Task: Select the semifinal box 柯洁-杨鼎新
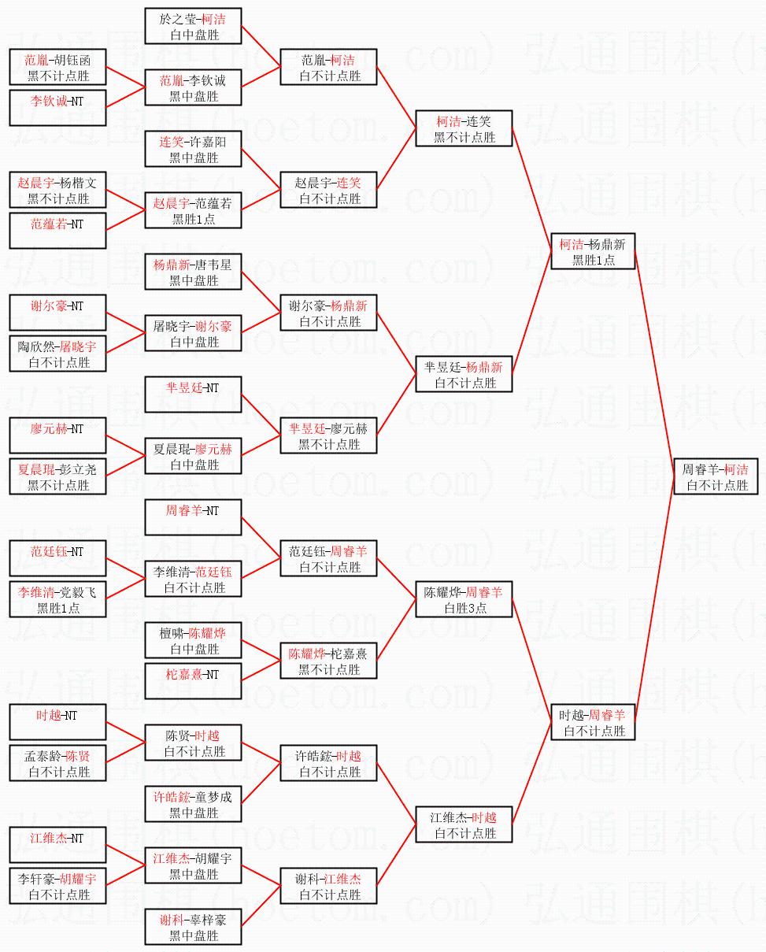pos(593,251)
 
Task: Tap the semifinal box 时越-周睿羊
pos(593,722)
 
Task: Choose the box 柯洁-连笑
pos(464,128)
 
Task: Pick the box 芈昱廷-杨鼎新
pos(464,374)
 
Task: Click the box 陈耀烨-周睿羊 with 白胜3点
pos(464,599)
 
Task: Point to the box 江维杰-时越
pos(464,824)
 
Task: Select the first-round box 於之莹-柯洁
pos(193,26)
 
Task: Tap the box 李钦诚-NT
pos(58,108)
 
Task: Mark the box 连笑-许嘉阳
pos(193,149)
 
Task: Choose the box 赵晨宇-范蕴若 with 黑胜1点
pos(193,210)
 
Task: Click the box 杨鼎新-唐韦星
pos(193,272)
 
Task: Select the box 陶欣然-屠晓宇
pos(58,354)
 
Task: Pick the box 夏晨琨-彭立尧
pos(58,476)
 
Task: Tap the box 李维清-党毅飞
pos(58,599)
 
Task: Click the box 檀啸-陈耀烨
pos(193,640)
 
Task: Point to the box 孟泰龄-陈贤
pos(58,763)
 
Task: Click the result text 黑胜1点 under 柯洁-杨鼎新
pos(593,260)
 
